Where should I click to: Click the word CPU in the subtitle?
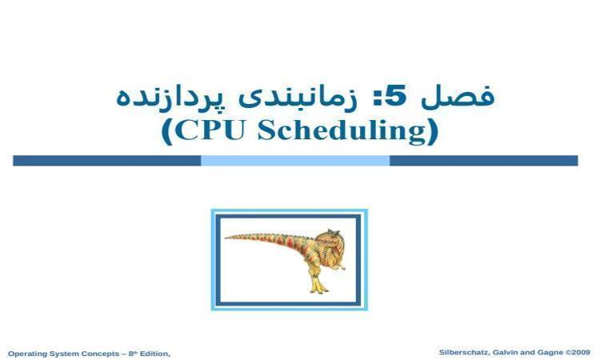click(210, 130)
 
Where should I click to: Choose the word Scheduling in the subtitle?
click(342, 131)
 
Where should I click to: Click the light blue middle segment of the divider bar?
click(295, 161)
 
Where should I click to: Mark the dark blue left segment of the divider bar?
click(106, 161)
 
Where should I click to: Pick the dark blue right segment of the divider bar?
click(484, 161)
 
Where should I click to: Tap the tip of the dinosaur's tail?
click(226, 238)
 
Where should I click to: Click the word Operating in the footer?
click(26, 354)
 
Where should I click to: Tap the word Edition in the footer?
click(154, 354)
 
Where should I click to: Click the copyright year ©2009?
click(578, 352)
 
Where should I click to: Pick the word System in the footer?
click(64, 354)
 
